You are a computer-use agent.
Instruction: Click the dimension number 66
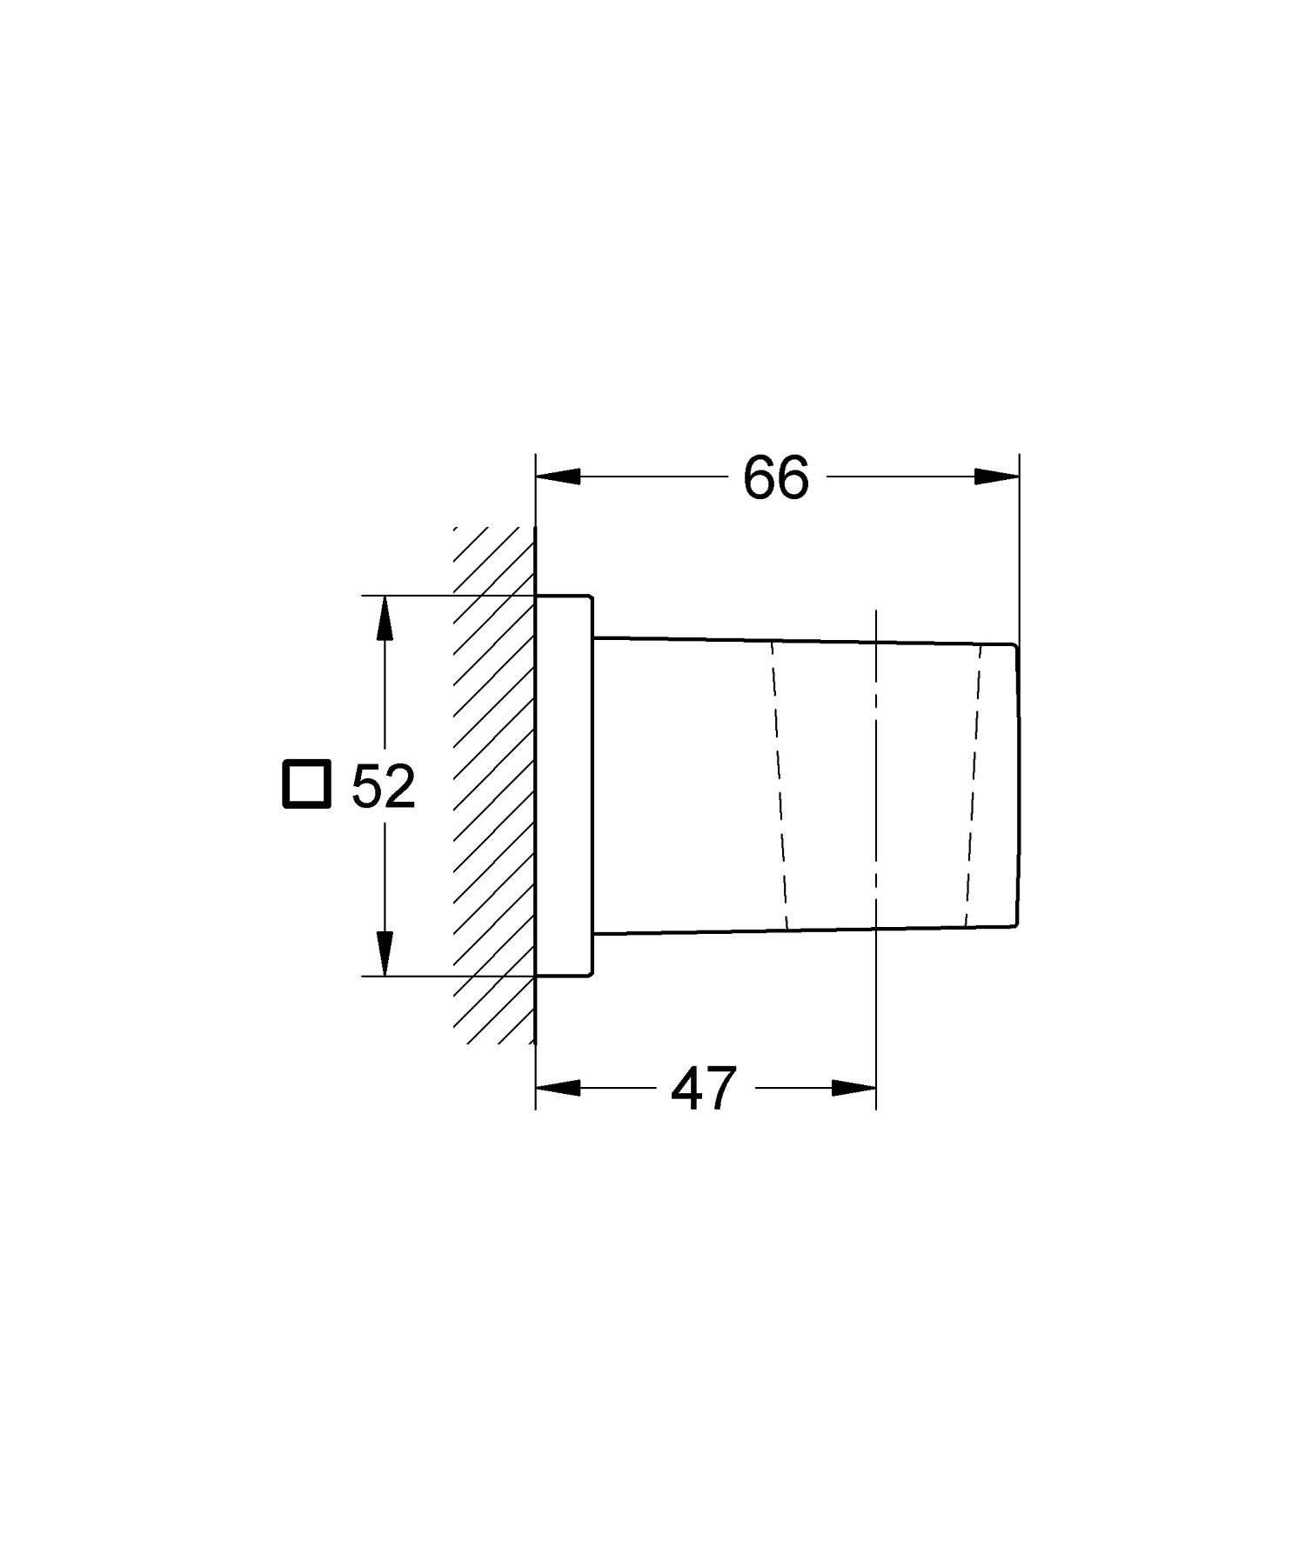click(x=776, y=477)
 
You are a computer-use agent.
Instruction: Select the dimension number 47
click(x=704, y=1089)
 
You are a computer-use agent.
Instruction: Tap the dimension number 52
click(x=384, y=787)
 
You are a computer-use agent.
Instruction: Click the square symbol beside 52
click(x=305, y=783)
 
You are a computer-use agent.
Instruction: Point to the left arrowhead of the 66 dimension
click(x=558, y=477)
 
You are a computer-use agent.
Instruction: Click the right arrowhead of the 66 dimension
click(x=997, y=477)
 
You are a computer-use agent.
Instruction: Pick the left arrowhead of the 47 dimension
click(x=558, y=1088)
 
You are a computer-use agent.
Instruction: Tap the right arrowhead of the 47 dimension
click(x=854, y=1088)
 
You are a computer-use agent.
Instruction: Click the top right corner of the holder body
click(x=1014, y=644)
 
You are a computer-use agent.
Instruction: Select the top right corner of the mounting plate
click(x=592, y=597)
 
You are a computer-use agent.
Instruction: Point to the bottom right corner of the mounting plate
click(x=592, y=975)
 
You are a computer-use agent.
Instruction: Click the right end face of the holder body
click(x=1017, y=785)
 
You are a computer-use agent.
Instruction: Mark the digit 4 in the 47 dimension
click(x=686, y=1089)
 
